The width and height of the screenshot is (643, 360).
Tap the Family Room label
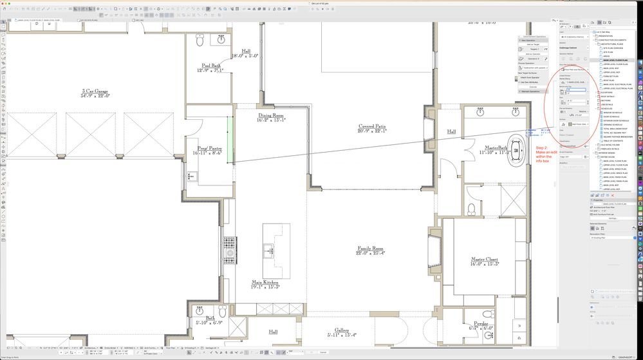click(370, 249)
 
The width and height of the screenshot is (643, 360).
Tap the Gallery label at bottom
click(341, 330)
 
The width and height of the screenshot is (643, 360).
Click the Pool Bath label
click(210, 66)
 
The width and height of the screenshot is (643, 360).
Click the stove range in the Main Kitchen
click(230, 246)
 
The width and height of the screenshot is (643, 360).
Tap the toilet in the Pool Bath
click(200, 41)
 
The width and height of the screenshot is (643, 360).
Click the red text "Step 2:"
click(542, 148)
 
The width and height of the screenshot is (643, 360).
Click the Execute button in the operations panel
click(534, 86)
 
